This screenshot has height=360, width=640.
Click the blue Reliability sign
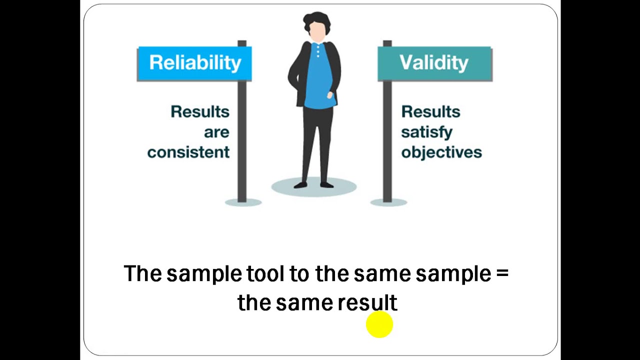(194, 63)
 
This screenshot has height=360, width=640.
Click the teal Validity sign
(434, 63)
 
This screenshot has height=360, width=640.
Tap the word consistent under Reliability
(188, 152)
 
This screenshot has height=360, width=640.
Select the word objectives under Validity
(441, 152)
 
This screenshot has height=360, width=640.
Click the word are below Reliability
(216, 132)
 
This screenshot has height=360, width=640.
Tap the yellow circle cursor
(379, 324)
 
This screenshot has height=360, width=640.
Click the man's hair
(317, 21)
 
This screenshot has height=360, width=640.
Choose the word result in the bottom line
(367, 303)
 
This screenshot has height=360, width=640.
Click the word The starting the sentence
(142, 273)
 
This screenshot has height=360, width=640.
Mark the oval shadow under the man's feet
(314, 188)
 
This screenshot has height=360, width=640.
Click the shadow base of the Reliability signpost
(243, 202)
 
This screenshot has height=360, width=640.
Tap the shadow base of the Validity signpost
(388, 202)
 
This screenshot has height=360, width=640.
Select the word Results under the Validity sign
(430, 112)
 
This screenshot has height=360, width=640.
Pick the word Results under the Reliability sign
(200, 112)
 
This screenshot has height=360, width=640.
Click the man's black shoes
(314, 185)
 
